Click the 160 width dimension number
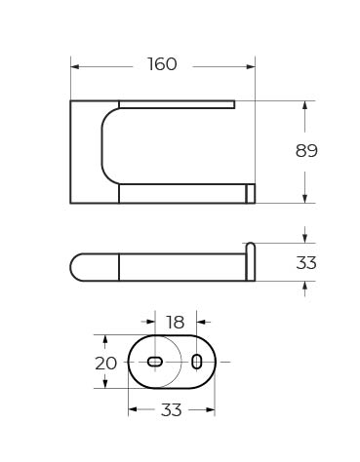click(162, 64)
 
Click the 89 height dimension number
click(306, 151)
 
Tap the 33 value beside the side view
click(306, 262)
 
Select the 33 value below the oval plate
click(171, 410)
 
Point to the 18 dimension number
click(175, 323)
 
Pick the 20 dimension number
click(105, 364)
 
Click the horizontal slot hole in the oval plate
click(155, 362)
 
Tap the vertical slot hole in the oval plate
click(197, 362)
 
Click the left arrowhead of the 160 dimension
click(75, 66)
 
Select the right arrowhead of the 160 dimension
click(251, 66)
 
